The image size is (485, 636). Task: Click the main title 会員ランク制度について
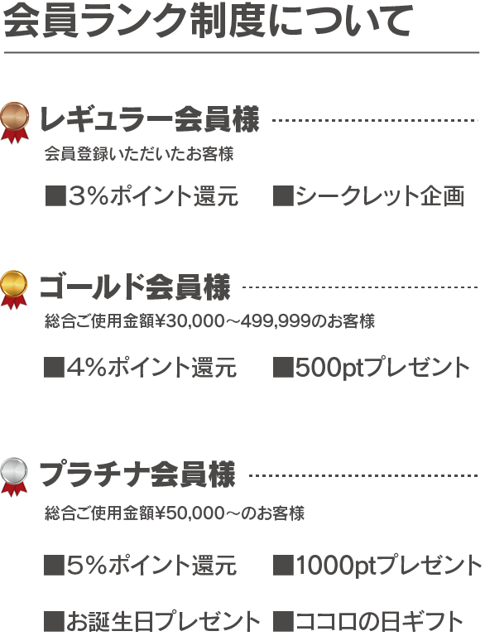click(x=208, y=21)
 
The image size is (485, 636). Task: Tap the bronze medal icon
click(x=15, y=123)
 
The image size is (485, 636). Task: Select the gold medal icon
click(x=14, y=290)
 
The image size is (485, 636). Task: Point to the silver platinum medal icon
click(x=14, y=477)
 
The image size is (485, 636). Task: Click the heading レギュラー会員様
click(x=149, y=120)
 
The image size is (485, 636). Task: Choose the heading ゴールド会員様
click(x=135, y=287)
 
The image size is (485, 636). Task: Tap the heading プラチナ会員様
click(x=137, y=475)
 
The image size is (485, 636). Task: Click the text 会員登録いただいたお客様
click(x=139, y=154)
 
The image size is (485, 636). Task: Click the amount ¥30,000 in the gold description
click(x=190, y=321)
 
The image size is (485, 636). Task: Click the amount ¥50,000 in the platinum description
click(x=190, y=513)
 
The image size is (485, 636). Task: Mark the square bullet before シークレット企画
click(x=283, y=196)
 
